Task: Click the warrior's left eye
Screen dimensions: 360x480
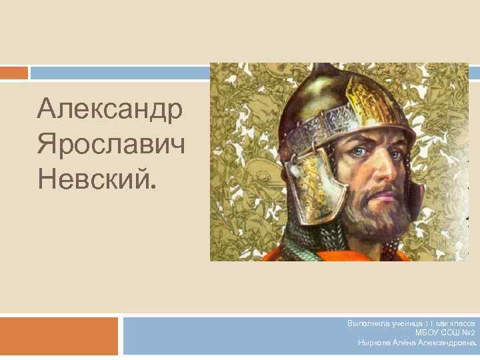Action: coord(395,155)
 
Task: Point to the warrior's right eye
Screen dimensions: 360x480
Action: coord(359,153)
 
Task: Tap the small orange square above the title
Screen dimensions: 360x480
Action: coord(13,72)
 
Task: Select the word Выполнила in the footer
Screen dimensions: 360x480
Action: coord(365,323)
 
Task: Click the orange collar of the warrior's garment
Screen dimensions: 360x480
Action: coord(333,255)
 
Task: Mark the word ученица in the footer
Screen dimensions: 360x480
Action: coord(401,323)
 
